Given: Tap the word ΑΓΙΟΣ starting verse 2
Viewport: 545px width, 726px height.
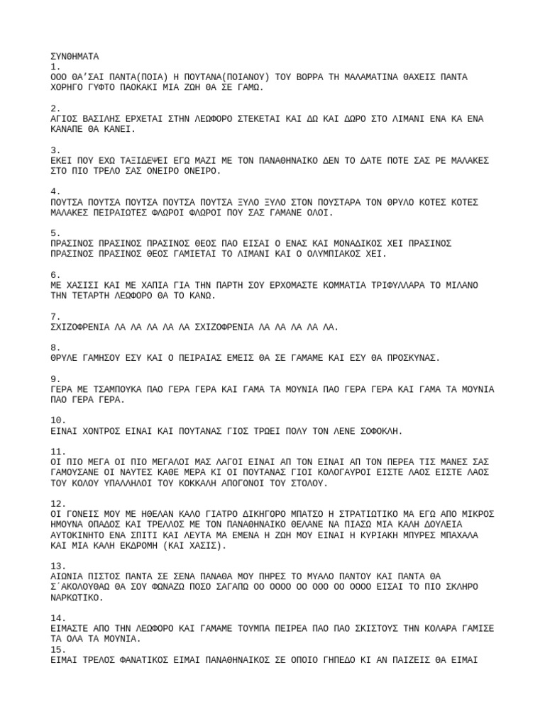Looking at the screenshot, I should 64,118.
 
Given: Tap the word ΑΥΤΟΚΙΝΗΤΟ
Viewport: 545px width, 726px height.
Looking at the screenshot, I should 81,535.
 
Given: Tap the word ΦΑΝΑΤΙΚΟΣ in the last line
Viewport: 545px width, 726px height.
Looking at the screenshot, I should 148,660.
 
